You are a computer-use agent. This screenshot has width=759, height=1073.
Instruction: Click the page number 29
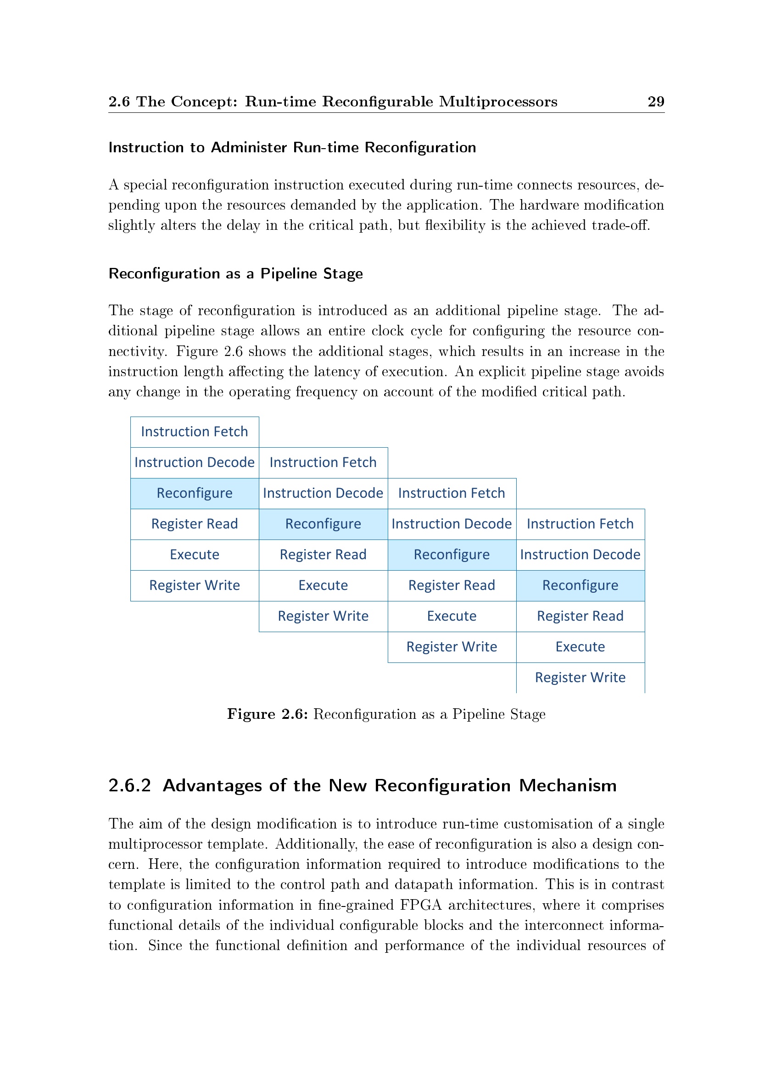coord(655,102)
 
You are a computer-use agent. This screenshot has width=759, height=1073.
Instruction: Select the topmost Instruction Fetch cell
coord(195,432)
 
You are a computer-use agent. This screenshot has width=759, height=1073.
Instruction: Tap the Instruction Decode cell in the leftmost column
coord(195,463)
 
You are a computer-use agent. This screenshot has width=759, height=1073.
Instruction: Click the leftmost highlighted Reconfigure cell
coord(195,494)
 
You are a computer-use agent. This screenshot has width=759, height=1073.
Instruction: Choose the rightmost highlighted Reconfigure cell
coord(580,585)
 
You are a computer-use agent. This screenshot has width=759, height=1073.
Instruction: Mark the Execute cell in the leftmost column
coord(195,555)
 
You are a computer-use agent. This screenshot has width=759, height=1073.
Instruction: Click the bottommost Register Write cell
coord(580,678)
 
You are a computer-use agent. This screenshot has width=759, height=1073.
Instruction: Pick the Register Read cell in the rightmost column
coord(580,617)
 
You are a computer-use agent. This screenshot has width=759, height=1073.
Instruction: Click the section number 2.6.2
coord(130,785)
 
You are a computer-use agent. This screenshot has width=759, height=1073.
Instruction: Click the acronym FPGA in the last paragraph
coord(421,905)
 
